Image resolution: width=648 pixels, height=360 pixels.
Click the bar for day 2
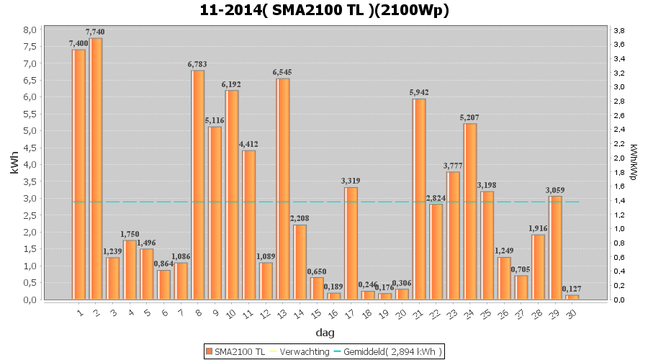[96, 168]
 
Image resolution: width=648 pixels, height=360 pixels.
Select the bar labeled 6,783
[198, 184]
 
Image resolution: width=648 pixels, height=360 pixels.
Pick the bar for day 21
[419, 199]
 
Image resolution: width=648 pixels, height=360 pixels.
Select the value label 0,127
[572, 289]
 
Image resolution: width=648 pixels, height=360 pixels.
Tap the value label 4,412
[249, 144]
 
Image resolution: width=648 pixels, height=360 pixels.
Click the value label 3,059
[554, 190]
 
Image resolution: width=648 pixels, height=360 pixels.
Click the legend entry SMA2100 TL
[235, 351]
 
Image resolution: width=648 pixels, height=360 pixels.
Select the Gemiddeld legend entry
[387, 351]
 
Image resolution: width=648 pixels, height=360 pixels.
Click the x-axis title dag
[325, 333]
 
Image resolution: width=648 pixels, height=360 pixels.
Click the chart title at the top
[325, 10]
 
